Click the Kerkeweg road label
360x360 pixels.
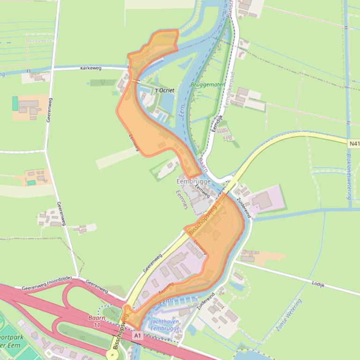91,68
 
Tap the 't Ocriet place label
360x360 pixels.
164,90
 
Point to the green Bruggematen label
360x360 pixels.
202,86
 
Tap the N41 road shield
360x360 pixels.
354,143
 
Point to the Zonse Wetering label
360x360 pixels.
289,316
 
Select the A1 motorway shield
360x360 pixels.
137,335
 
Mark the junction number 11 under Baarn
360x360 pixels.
97,324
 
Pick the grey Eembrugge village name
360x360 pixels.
194,181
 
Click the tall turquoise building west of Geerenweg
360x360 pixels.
15,103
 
